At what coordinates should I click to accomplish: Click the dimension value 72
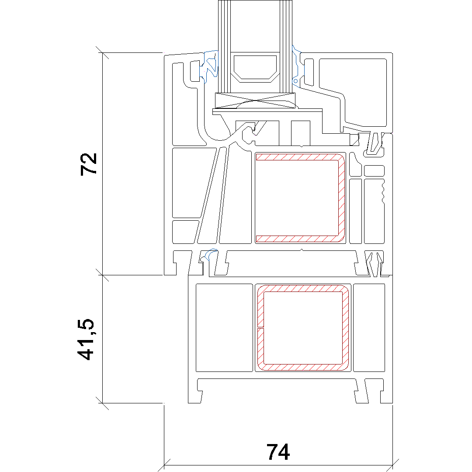(89, 164)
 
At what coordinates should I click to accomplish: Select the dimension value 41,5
(86, 339)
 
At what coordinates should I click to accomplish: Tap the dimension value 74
(278, 452)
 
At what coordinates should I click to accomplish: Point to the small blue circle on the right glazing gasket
(295, 81)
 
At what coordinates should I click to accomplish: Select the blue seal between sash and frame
(209, 255)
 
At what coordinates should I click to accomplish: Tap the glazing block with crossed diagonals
(255, 101)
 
